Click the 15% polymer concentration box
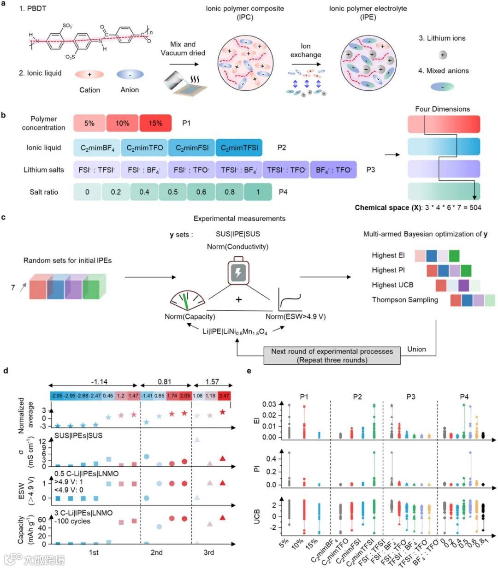tap(155, 123)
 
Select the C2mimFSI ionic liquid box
tap(192, 148)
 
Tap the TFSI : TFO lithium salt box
tap(286, 170)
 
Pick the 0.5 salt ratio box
tap(172, 192)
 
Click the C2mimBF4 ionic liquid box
tap(97, 148)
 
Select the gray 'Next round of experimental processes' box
tap(332, 356)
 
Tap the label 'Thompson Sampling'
tap(405, 300)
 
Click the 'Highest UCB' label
tap(392, 285)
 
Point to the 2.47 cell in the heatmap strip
tap(224, 396)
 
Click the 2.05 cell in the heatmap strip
tap(185, 396)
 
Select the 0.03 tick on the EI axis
tap(269, 404)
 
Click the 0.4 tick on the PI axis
tap(271, 459)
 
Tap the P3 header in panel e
tap(410, 397)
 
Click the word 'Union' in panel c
tap(416, 349)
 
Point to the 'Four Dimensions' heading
tap(442, 109)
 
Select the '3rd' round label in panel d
tap(209, 552)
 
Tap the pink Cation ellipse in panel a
tap(89, 74)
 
